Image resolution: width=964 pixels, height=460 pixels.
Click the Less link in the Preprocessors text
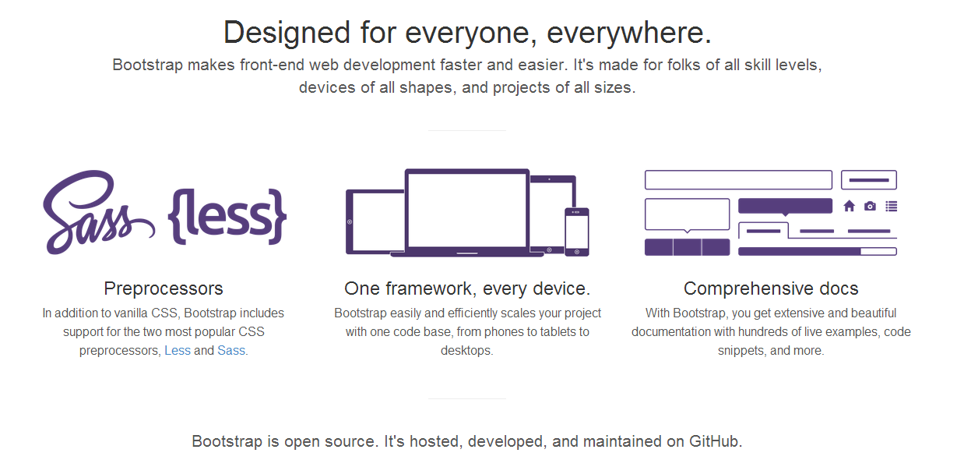click(x=178, y=350)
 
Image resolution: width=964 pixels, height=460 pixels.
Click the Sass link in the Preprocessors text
click(x=231, y=350)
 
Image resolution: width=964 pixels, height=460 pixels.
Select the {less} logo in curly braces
click(x=227, y=216)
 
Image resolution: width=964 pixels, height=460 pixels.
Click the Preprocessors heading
click(x=164, y=288)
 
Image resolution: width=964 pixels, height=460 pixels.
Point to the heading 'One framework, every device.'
click(x=467, y=288)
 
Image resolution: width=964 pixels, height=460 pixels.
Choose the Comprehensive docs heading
click(x=771, y=288)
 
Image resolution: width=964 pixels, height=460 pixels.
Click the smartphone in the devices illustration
click(x=577, y=232)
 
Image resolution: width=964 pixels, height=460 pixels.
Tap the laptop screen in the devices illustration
click(x=467, y=210)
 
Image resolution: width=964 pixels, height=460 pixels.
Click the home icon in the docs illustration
click(x=849, y=207)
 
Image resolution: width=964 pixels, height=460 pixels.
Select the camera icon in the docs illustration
click(x=870, y=207)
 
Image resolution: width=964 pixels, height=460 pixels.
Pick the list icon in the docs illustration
click(x=892, y=207)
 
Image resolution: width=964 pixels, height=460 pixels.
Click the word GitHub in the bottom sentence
click(x=716, y=441)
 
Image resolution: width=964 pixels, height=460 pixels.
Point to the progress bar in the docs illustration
click(x=818, y=252)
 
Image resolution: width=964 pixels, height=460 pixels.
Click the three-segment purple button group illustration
click(x=688, y=247)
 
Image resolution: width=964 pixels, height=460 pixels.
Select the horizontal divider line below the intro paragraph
click(x=467, y=130)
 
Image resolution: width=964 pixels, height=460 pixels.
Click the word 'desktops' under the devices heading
click(x=466, y=350)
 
